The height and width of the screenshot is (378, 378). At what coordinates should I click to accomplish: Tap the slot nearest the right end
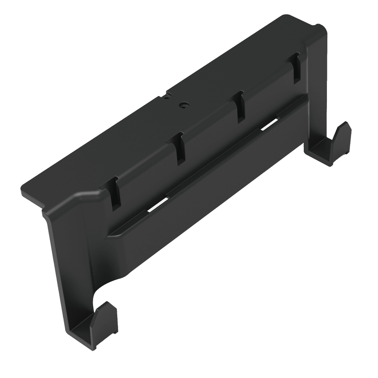click(x=296, y=67)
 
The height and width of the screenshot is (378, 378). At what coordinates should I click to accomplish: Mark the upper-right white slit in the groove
click(x=270, y=124)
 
